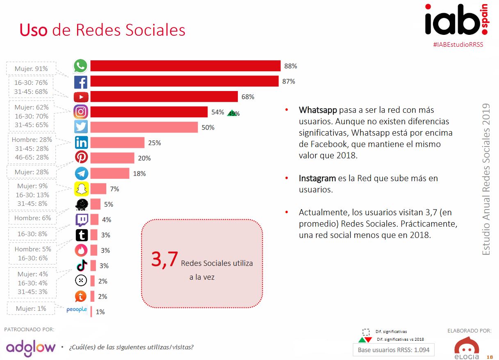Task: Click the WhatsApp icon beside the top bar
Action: (x=80, y=66)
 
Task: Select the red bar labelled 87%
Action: (x=184, y=81)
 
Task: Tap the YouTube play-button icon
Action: (x=81, y=97)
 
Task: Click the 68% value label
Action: (x=248, y=97)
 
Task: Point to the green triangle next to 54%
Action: (x=232, y=113)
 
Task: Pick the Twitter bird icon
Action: (x=81, y=127)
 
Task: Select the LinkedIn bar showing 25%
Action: (x=117, y=143)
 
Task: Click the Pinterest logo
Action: (x=81, y=158)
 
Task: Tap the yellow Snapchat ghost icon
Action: (x=81, y=189)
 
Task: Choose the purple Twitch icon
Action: (x=81, y=220)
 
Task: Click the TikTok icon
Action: (x=81, y=266)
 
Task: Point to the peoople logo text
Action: (x=77, y=310)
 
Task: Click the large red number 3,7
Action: (x=164, y=260)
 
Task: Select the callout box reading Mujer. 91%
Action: (x=31, y=69)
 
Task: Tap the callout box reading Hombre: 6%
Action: (x=33, y=218)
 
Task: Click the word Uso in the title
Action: (x=34, y=30)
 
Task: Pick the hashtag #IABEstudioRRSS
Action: (x=458, y=44)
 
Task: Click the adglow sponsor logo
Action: (x=31, y=347)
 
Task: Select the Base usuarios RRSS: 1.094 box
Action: (x=393, y=350)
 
